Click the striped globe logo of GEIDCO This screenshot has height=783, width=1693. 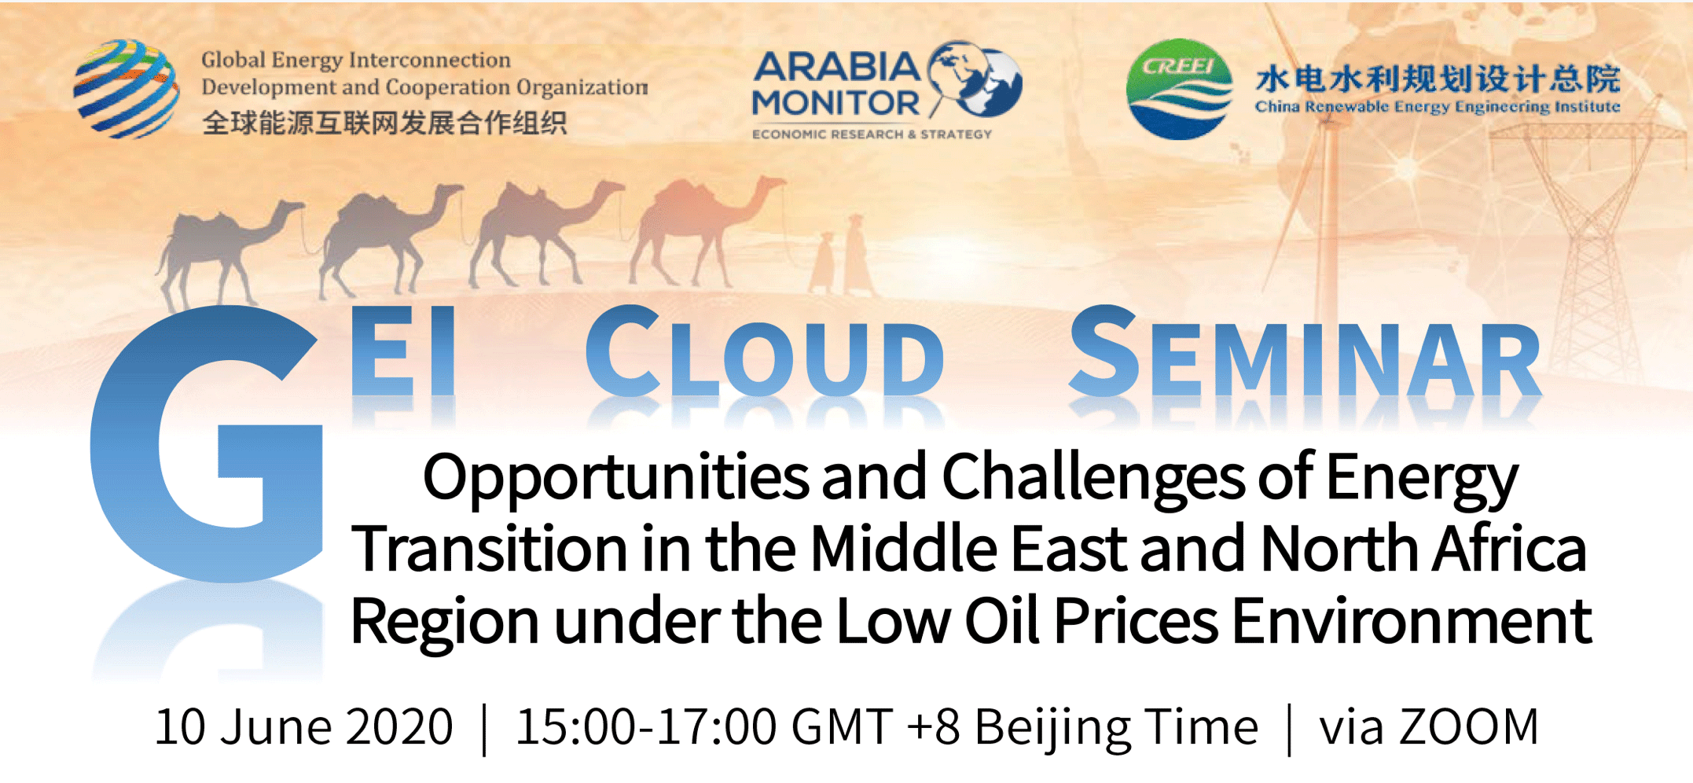point(126,89)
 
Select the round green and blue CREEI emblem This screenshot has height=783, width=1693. point(1179,89)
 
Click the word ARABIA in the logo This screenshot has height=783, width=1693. point(836,68)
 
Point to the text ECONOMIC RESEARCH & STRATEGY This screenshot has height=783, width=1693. point(872,134)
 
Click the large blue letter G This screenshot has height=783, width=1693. point(207,443)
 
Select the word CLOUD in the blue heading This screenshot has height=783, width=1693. point(764,351)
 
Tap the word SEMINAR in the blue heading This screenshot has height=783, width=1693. point(1305,351)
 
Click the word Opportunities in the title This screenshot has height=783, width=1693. point(615,478)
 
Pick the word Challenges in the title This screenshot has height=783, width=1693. point(1093,478)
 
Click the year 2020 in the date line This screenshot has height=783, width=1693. point(399,726)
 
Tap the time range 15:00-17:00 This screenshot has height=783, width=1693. point(646,726)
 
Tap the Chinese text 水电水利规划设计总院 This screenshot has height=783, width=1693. point(1438,79)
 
